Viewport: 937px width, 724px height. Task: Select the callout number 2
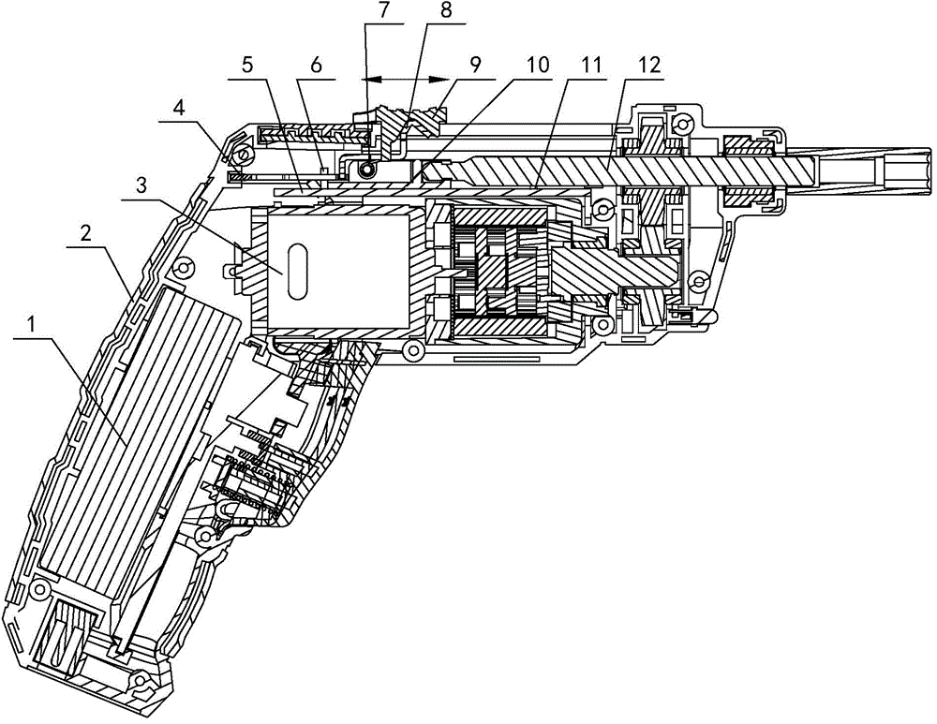pyautogui.click(x=86, y=233)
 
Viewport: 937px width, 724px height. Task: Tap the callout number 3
pyautogui.click(x=142, y=185)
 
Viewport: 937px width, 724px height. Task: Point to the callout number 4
pyautogui.click(x=176, y=111)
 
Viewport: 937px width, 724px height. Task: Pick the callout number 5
pyautogui.click(x=247, y=65)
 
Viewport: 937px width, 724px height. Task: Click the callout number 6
pyautogui.click(x=316, y=65)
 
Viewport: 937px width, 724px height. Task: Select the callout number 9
pyautogui.click(x=475, y=65)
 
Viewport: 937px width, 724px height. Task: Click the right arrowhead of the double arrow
pyautogui.click(x=439, y=79)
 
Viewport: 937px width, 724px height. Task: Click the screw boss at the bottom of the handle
pyautogui.click(x=141, y=680)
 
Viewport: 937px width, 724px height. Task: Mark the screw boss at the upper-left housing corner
pyautogui.click(x=243, y=156)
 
